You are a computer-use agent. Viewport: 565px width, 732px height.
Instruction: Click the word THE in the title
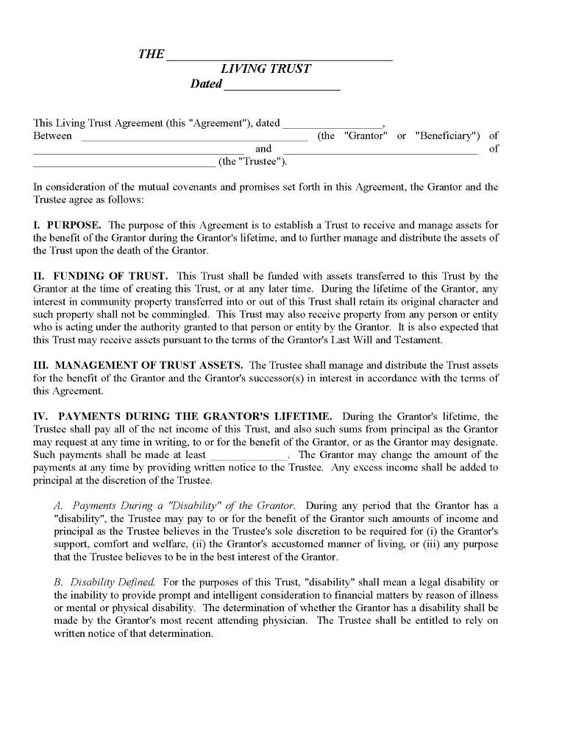pos(151,54)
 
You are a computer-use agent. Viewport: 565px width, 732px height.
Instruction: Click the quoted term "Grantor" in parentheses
pos(365,136)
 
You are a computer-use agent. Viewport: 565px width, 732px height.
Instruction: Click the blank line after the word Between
pos(193,138)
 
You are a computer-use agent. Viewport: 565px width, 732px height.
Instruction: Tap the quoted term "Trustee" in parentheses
pos(263,162)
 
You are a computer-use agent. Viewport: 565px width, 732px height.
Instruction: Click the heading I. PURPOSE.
pos(67,225)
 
